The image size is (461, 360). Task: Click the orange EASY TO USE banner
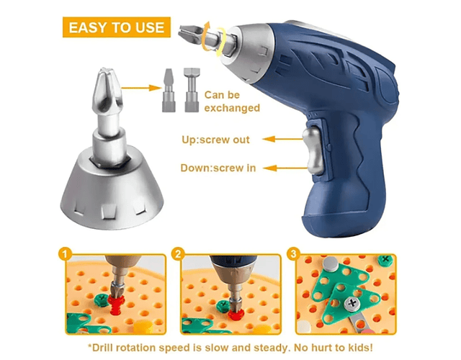(x=117, y=27)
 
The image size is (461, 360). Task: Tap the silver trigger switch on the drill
(x=312, y=150)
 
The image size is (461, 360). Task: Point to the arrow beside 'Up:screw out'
(x=282, y=139)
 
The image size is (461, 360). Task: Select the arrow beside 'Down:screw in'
(x=285, y=168)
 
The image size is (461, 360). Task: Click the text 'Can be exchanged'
(x=232, y=102)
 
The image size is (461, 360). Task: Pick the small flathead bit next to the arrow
(x=169, y=90)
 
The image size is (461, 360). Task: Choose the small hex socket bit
(x=192, y=90)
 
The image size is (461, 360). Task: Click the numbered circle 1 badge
(x=65, y=254)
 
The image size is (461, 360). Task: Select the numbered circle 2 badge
(x=179, y=254)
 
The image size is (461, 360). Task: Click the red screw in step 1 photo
(x=115, y=304)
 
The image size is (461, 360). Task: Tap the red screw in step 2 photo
(x=236, y=314)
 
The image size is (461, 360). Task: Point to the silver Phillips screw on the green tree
(x=352, y=304)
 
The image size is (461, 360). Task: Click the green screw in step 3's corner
(x=385, y=260)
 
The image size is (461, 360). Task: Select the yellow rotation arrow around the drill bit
(x=212, y=39)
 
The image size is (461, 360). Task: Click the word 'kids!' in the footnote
(x=360, y=348)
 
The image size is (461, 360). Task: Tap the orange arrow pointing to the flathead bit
(x=141, y=88)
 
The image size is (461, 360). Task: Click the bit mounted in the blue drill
(x=203, y=36)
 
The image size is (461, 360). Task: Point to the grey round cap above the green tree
(x=331, y=264)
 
